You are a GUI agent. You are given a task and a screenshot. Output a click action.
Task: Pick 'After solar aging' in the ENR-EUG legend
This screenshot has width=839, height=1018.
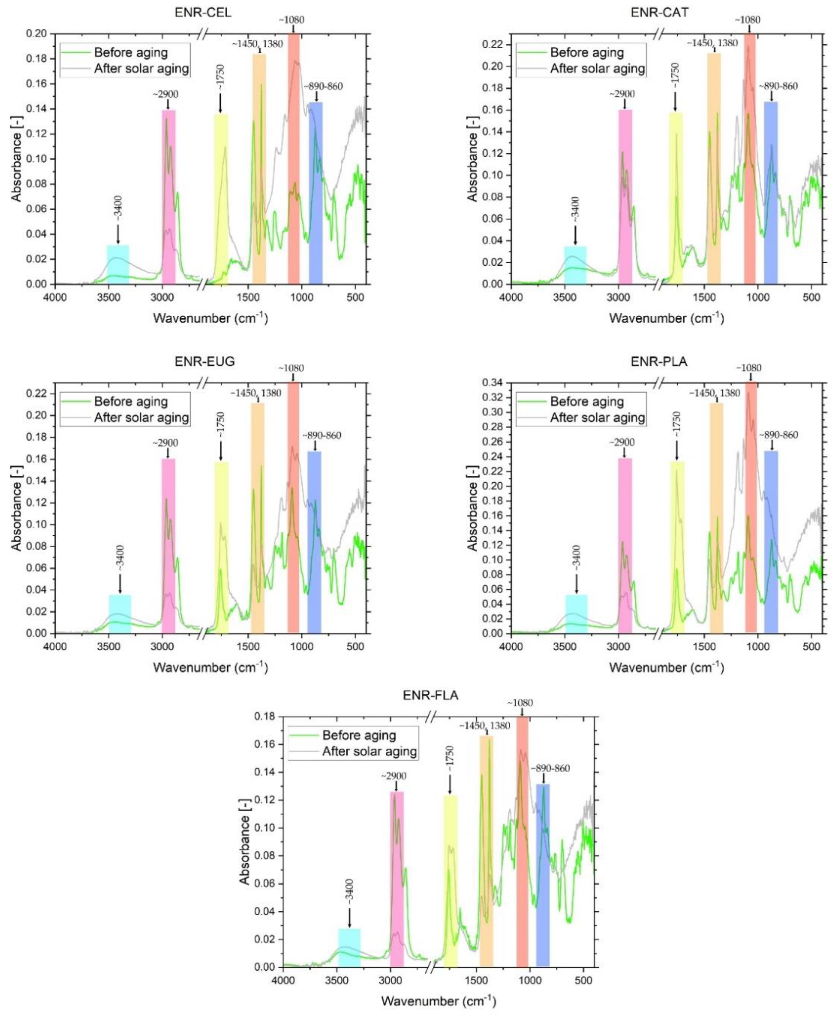[x=141, y=418]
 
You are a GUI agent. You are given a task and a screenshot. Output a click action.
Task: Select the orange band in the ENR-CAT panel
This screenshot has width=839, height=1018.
[x=714, y=168]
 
